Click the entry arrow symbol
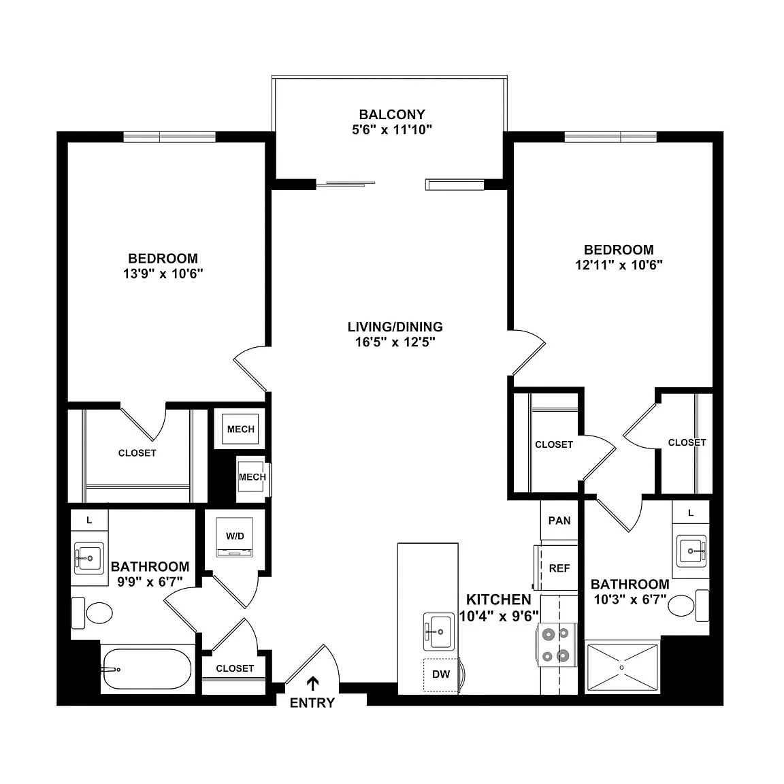313,684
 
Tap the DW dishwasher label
441,674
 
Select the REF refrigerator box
559,568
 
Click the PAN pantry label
559,521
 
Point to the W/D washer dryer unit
235,538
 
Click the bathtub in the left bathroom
146,669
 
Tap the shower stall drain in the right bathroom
622,668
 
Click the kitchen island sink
439,632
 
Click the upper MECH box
240,429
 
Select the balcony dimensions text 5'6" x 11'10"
392,130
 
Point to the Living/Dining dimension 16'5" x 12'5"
395,342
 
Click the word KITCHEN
498,600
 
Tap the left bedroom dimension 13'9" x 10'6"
163,274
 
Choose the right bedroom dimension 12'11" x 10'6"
619,265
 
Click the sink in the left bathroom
90,558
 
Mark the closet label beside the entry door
235,668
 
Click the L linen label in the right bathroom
691,513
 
